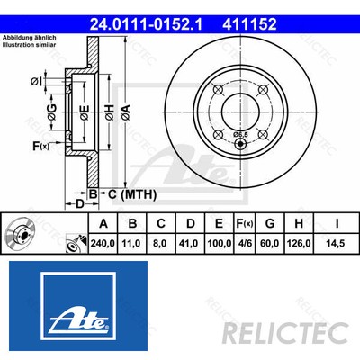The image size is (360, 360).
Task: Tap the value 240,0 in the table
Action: (x=103, y=241)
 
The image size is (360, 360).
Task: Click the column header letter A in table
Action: (x=103, y=224)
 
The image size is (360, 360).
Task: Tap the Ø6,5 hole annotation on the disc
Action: (x=240, y=135)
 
